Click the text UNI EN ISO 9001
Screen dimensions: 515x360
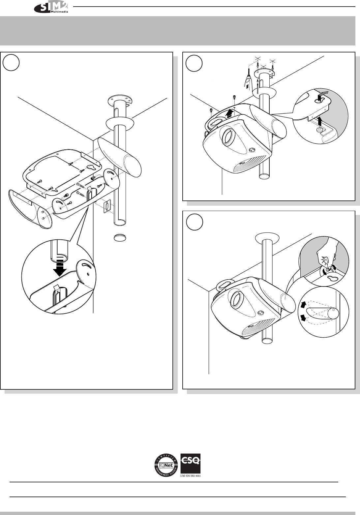pyautogui.click(x=191, y=475)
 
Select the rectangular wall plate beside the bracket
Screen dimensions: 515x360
pyautogui.click(x=107, y=207)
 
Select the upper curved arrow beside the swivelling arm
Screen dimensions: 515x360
pyautogui.click(x=303, y=305)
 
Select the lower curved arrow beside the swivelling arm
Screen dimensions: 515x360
pyautogui.click(x=303, y=318)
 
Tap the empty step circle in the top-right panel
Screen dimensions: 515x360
pyautogui.click(x=194, y=63)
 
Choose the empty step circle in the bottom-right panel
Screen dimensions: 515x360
pyautogui.click(x=194, y=223)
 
